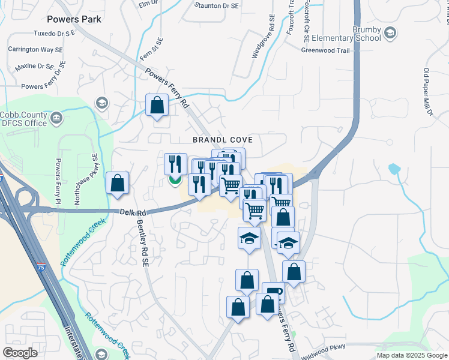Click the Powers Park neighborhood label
74,19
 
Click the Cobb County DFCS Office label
23,119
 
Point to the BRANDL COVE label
222,140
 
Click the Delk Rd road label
133,212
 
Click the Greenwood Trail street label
325,50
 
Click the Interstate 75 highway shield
40,264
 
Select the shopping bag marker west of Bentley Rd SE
118,183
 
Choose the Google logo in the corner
20,353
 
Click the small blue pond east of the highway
394,169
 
